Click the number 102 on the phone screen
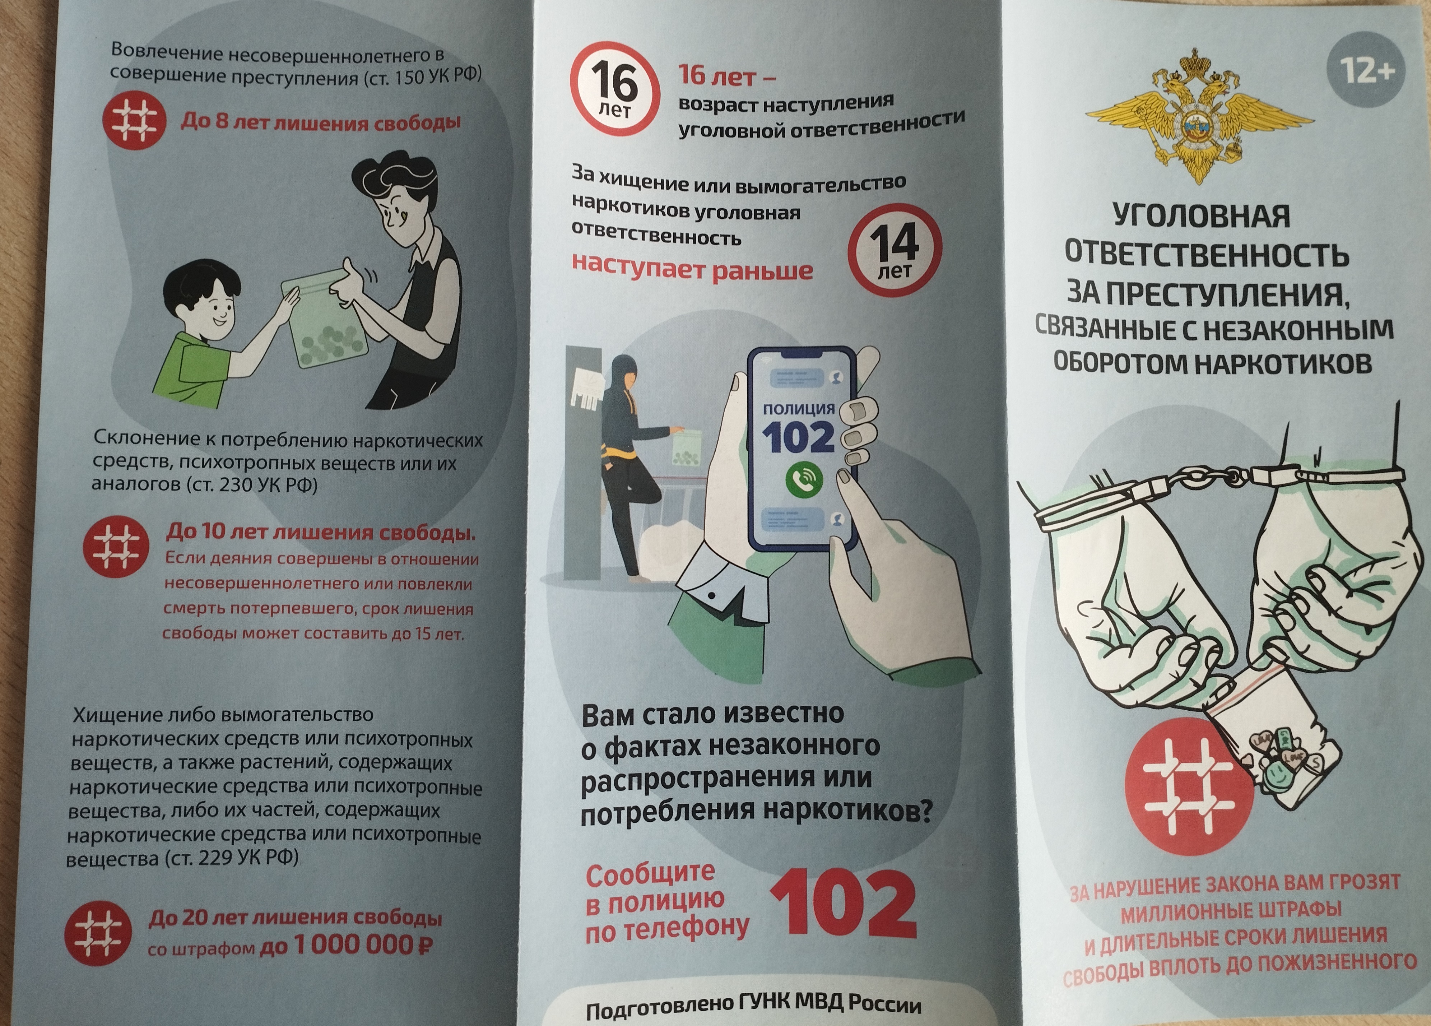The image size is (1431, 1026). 798,437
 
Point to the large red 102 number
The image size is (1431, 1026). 843,903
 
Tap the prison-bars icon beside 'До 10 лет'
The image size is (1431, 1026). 116,547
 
